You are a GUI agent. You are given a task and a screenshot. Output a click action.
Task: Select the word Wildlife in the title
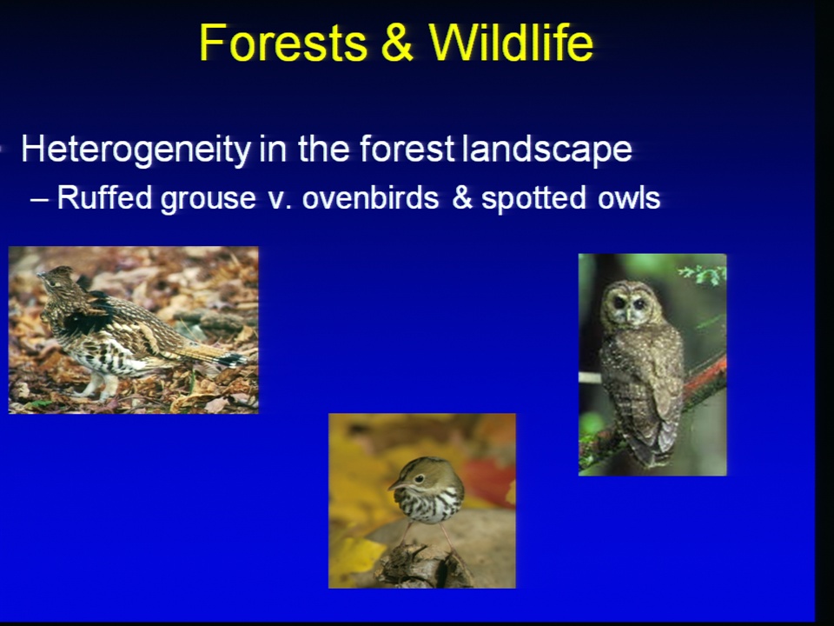point(511,43)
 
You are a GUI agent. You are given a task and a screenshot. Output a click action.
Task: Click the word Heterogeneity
point(136,150)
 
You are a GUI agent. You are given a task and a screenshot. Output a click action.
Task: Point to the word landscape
point(548,150)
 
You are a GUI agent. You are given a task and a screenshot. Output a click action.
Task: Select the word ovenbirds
point(371,198)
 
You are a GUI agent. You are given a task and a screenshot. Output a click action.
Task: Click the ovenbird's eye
point(419,478)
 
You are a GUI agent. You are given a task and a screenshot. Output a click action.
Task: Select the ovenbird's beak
point(395,484)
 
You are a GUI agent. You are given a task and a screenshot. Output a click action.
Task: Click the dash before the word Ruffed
point(39,199)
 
